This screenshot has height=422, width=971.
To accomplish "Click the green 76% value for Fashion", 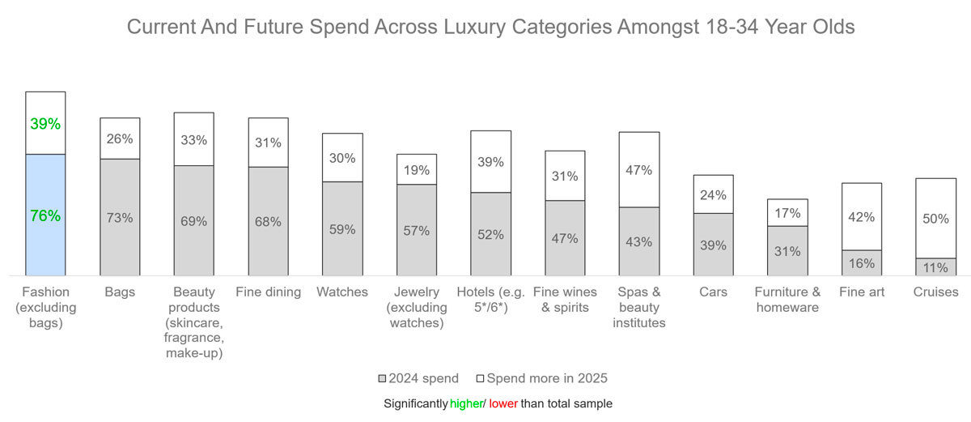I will coord(45,215).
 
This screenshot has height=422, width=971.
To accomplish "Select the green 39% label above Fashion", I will coord(45,124).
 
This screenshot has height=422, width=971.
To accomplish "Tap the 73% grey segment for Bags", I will coord(120,218).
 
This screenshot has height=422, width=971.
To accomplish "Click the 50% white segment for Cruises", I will coord(935,219).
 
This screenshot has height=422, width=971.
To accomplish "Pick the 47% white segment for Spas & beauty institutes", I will coord(639,170).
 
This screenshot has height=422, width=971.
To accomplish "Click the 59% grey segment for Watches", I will coord(342,229).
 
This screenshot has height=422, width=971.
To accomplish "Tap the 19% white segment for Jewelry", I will coord(417,170).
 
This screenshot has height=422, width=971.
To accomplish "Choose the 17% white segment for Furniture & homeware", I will coord(787,213).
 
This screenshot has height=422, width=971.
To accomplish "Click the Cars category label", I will coord(713,292).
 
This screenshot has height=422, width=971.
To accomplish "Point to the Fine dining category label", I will coord(268,292).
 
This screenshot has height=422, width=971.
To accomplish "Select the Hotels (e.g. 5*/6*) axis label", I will coord(490,300).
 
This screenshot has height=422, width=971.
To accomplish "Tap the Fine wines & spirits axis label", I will coord(565,300).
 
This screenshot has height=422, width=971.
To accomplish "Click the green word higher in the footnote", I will coord(464,403).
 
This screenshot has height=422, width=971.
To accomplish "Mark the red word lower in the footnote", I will coord(502,403).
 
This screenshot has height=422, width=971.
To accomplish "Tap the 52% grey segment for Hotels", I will coord(490,234).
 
